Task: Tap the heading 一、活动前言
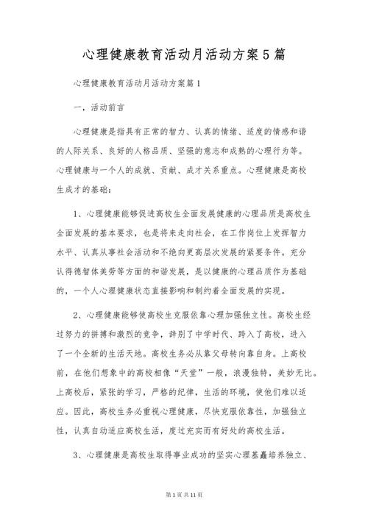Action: click(x=105, y=107)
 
